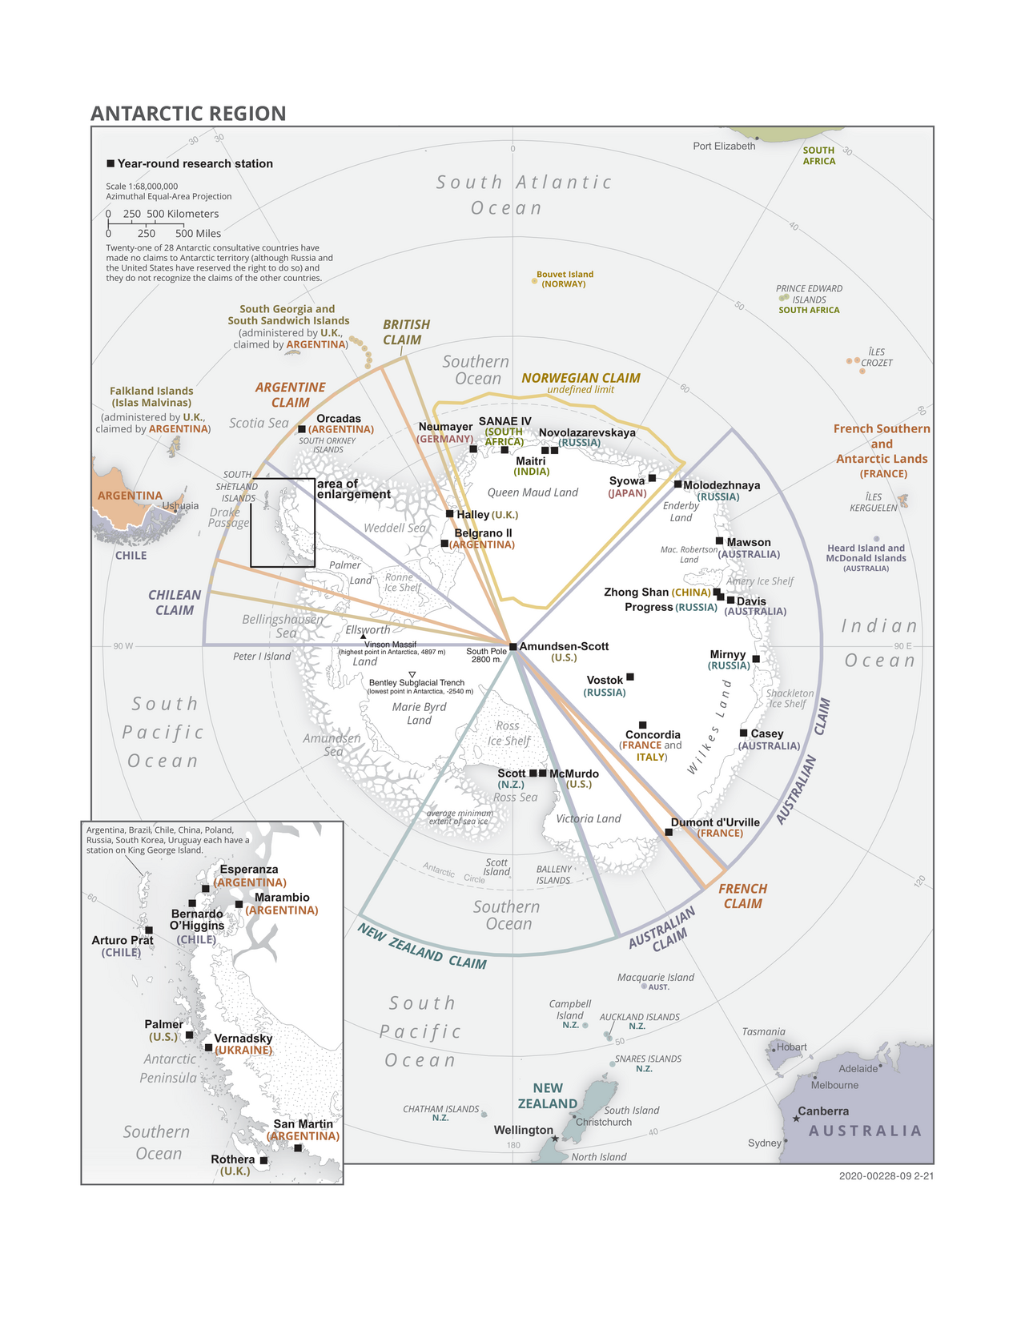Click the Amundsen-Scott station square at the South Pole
click(513, 646)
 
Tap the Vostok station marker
click(630, 677)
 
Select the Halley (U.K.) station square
click(450, 514)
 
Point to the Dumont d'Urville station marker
click(669, 832)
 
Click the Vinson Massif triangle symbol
click(363, 637)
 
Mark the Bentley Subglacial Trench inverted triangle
click(412, 675)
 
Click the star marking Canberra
click(796, 1119)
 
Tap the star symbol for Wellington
click(555, 1139)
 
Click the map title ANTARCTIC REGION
click(188, 114)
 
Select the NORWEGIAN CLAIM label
click(581, 378)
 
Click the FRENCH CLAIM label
click(742, 896)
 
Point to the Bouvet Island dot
click(534, 281)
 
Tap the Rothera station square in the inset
click(263, 1160)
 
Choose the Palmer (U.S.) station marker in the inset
click(189, 1035)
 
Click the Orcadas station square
click(301, 429)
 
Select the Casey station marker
click(744, 733)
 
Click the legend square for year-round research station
click(111, 163)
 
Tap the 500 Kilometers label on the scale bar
click(183, 214)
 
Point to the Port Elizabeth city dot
click(758, 139)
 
